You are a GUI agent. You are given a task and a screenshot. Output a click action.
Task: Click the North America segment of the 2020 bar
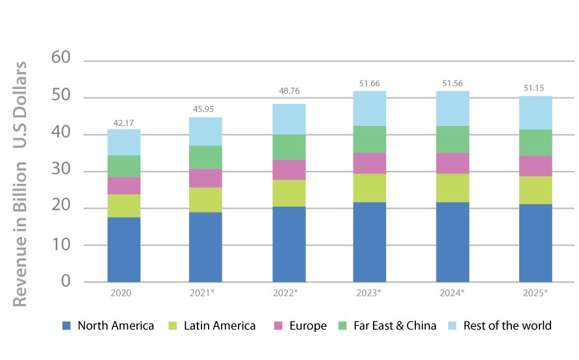[123, 250]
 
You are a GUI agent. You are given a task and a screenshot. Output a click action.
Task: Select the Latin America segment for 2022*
[289, 193]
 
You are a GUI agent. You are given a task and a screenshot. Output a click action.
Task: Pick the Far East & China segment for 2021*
[205, 157]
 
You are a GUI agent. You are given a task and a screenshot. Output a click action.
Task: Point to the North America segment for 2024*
[453, 242]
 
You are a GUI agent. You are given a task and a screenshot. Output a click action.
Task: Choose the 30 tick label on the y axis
[60, 172]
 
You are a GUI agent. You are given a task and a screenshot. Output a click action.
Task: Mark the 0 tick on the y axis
[66, 282]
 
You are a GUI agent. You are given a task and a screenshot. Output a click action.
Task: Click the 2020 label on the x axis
[122, 293]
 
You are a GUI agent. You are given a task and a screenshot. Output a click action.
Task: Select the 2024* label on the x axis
[453, 293]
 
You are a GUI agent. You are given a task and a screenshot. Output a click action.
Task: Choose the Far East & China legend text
[394, 326]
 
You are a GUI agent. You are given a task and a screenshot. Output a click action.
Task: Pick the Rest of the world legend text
[508, 326]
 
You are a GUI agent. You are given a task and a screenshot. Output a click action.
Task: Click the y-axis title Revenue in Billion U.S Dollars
[21, 184]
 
